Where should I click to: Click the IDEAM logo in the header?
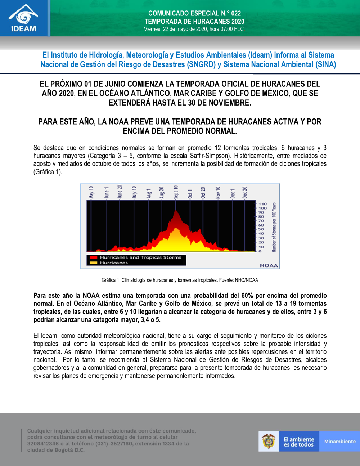(x=23, y=18)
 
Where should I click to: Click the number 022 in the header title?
(x=236, y=13)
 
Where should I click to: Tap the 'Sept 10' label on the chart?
(x=176, y=192)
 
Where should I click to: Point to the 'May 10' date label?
(x=91, y=192)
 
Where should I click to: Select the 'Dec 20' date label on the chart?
(x=245, y=193)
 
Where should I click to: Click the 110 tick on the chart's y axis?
(x=263, y=204)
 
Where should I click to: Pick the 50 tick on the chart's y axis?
(x=261, y=229)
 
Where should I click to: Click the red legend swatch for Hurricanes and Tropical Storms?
(x=94, y=257)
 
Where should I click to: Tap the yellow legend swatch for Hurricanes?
(x=94, y=263)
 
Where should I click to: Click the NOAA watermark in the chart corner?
(x=269, y=265)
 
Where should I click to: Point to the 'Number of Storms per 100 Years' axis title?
(x=274, y=227)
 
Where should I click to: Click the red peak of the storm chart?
(x=176, y=212)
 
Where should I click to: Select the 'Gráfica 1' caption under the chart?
(x=180, y=280)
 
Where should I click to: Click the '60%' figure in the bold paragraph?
(x=247, y=296)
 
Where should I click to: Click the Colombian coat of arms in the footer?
(x=269, y=441)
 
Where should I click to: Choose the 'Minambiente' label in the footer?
(x=340, y=442)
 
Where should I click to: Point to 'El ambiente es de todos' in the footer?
(x=299, y=442)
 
